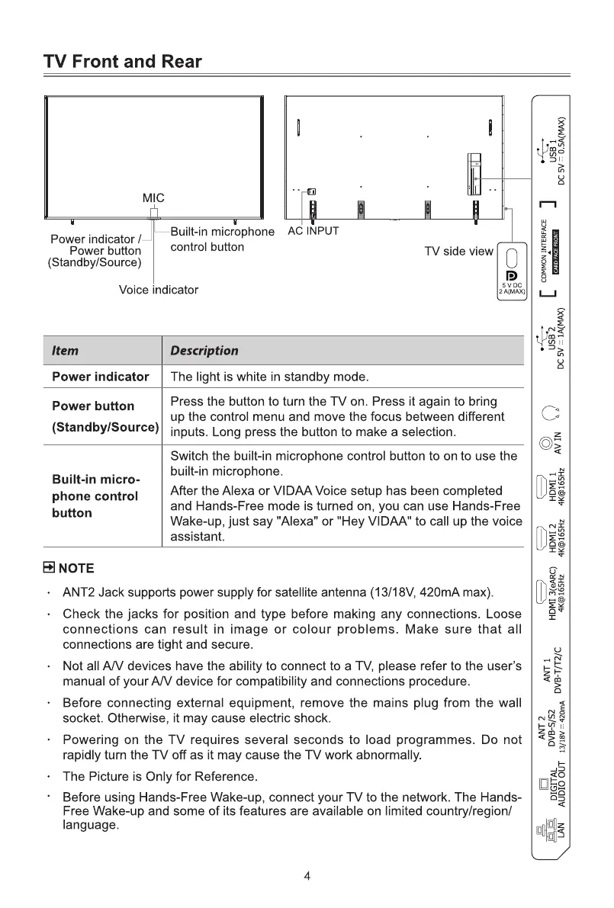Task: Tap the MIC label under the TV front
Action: tap(153, 198)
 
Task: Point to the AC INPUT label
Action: tap(313, 231)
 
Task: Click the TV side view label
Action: tap(459, 252)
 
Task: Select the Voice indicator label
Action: tap(159, 290)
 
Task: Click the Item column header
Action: tap(65, 351)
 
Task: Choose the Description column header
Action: tap(204, 351)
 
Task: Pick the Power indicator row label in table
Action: tap(100, 377)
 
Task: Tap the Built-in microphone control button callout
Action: tap(222, 239)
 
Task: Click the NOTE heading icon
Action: tap(48, 568)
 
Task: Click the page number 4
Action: tap(307, 876)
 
